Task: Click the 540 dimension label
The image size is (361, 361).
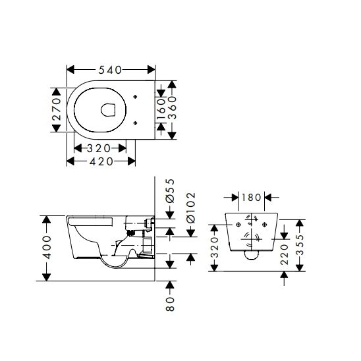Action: coord(110,70)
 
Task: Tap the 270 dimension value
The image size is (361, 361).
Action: coord(57,109)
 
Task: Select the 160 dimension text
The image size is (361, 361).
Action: coord(161,109)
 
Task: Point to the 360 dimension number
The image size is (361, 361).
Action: coord(172,107)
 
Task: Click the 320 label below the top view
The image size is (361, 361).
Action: coord(99,148)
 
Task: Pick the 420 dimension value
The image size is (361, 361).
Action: coord(101,161)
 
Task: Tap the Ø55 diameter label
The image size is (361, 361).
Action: coord(170,191)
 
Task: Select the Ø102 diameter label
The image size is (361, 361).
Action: coord(191,208)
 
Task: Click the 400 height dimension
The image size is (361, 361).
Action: coord(47,247)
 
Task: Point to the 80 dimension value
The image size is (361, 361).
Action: coord(170,304)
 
